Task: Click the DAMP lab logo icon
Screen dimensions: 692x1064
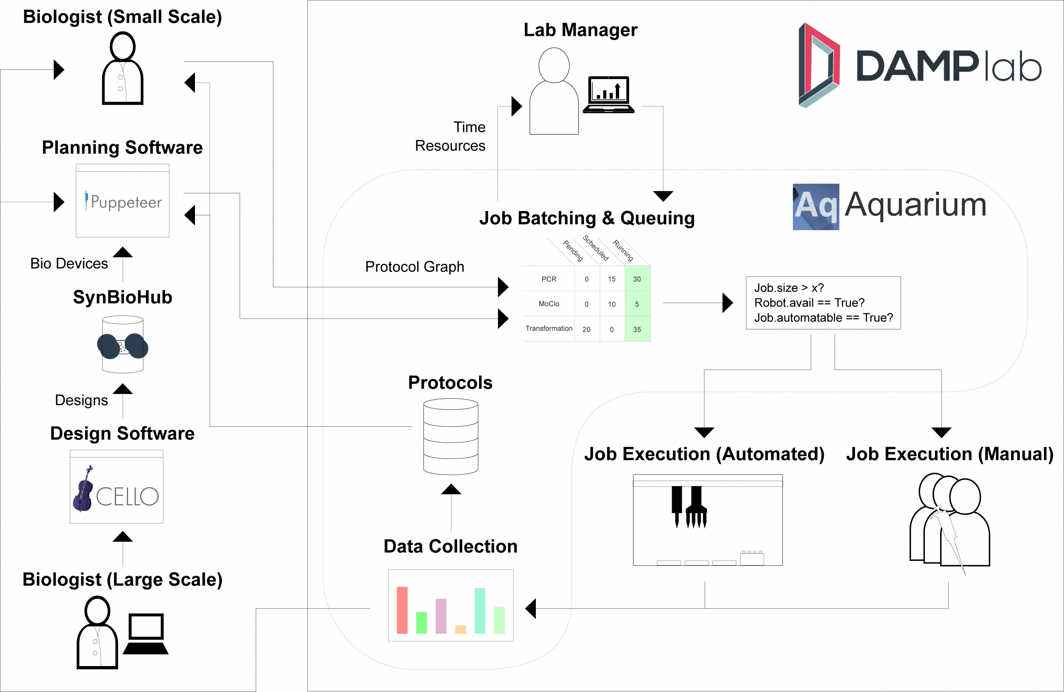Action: point(819,65)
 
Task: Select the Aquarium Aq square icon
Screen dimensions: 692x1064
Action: point(815,206)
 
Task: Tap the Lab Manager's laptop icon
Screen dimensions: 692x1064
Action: point(609,94)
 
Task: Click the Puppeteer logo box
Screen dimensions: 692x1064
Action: point(123,201)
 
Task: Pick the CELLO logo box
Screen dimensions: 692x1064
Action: point(116,487)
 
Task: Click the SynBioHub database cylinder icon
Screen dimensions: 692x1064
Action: point(123,344)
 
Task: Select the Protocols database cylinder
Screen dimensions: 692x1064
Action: point(451,436)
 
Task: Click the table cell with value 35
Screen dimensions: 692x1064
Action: point(637,329)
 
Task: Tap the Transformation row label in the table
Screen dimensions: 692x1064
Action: point(549,329)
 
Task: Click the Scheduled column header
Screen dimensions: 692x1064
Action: point(596,248)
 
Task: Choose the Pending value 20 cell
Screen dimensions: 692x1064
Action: point(586,329)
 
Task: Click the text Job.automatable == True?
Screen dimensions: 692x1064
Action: point(823,318)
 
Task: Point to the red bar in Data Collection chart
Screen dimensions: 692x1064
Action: point(402,610)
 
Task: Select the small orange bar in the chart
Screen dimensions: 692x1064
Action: point(460,629)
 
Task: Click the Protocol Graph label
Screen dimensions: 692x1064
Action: point(415,267)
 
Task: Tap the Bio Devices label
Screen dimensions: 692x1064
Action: point(69,264)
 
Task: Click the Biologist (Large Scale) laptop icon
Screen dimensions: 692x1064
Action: point(146,634)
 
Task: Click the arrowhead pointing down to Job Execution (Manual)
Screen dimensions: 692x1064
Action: point(941,432)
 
